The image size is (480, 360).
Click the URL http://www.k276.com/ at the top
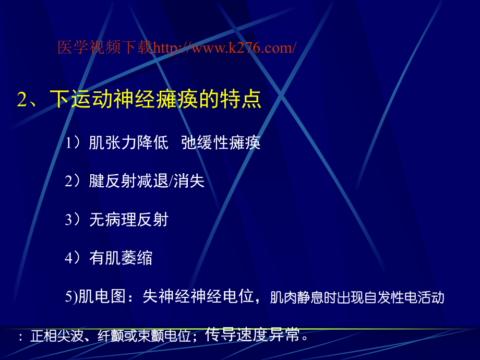pyautogui.click(x=225, y=48)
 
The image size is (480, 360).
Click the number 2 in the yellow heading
pyautogui.click(x=21, y=100)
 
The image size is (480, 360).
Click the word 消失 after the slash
pyautogui.click(x=191, y=181)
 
